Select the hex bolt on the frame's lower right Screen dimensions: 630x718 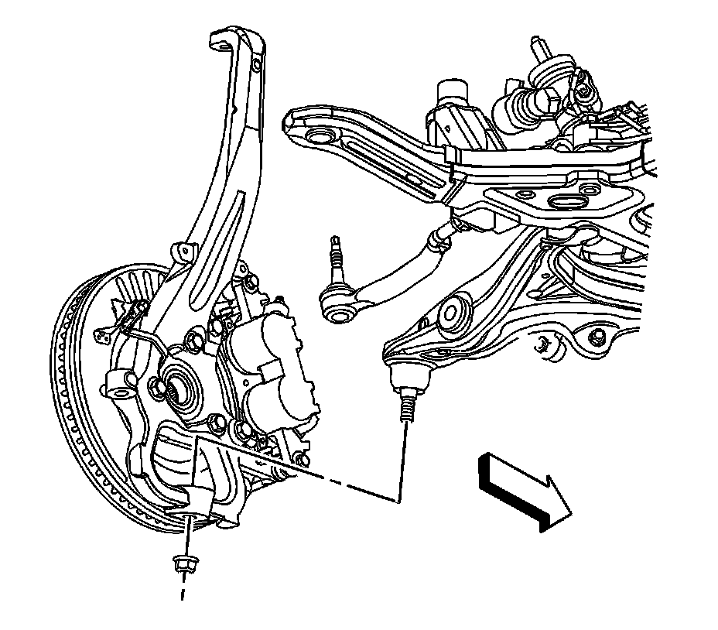click(x=597, y=337)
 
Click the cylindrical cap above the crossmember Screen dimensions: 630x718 click(x=452, y=92)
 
